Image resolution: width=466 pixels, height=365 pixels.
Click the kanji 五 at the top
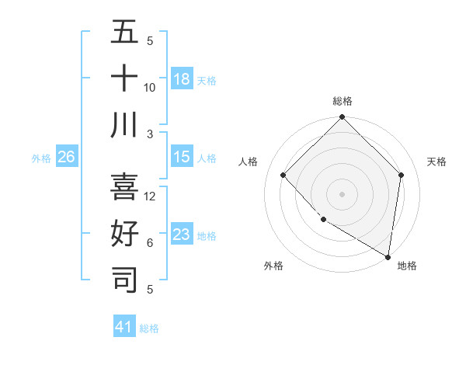[x=124, y=33]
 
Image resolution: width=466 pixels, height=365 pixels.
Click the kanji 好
[x=124, y=234]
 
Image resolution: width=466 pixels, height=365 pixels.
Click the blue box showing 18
[x=182, y=78]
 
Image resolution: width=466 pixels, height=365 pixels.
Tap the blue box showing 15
[x=182, y=157]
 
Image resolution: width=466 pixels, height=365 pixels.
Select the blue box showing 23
[x=182, y=234]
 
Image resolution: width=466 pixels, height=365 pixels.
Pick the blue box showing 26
[x=67, y=157]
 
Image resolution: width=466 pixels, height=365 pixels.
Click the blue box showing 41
[x=124, y=327]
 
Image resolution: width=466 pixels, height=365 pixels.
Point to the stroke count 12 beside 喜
[x=151, y=196]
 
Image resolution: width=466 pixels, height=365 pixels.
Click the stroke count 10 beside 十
[x=150, y=87]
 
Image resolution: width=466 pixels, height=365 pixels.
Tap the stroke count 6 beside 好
[x=150, y=243]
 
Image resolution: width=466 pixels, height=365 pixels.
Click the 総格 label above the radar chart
[x=343, y=101]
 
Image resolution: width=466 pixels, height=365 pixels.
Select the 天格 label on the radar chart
[x=437, y=162]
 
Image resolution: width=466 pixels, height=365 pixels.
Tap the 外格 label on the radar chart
[x=273, y=266]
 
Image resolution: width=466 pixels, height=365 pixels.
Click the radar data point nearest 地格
[x=388, y=257]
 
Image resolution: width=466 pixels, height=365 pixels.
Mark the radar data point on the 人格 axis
[x=283, y=175]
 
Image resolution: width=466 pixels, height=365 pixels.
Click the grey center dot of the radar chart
[x=343, y=193]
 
